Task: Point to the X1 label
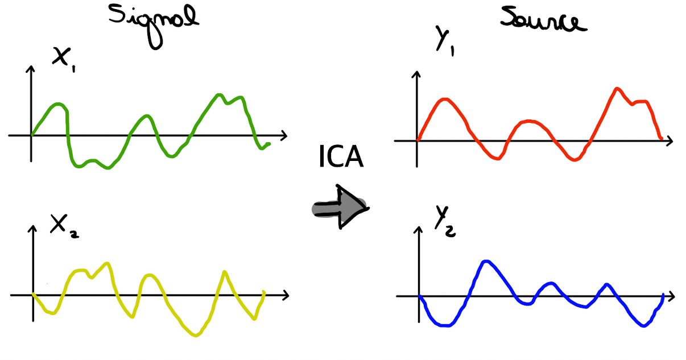click(x=64, y=59)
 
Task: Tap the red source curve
click(x=530, y=121)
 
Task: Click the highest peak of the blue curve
click(x=485, y=262)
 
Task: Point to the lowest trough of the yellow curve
click(x=196, y=335)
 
